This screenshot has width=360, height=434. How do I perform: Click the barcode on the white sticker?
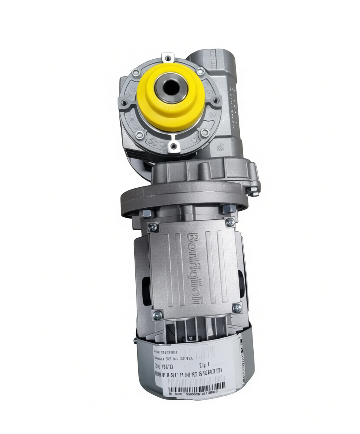(198, 387)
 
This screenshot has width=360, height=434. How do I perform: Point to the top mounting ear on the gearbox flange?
(168, 58)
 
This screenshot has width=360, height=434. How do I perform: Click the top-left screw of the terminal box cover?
(153, 227)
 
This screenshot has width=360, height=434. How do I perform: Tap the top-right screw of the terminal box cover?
(230, 222)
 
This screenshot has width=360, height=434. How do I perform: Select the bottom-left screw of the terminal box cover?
(157, 315)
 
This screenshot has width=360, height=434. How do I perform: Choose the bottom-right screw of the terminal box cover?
(237, 308)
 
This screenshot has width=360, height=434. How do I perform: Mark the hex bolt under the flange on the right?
(228, 209)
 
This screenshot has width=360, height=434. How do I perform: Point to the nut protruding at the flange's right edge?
(254, 191)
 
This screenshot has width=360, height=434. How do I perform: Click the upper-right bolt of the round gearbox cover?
(200, 71)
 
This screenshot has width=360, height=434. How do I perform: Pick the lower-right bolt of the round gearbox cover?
(205, 133)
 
